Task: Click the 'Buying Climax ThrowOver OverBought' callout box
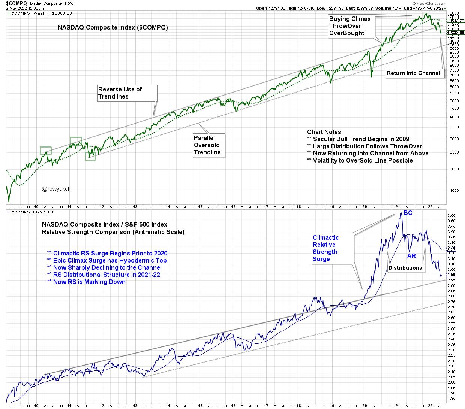[x=350, y=26]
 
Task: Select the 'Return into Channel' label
[x=413, y=73]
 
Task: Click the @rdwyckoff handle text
[x=56, y=189]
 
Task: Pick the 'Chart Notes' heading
[x=324, y=132]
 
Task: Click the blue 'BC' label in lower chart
[x=408, y=213]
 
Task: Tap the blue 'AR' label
[x=411, y=256]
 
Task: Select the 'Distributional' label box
[x=406, y=268]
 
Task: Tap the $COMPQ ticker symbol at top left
[x=16, y=3]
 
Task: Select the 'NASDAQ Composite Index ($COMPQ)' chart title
[x=112, y=27]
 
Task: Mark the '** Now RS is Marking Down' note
[x=86, y=282]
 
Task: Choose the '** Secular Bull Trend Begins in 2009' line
[x=358, y=139]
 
